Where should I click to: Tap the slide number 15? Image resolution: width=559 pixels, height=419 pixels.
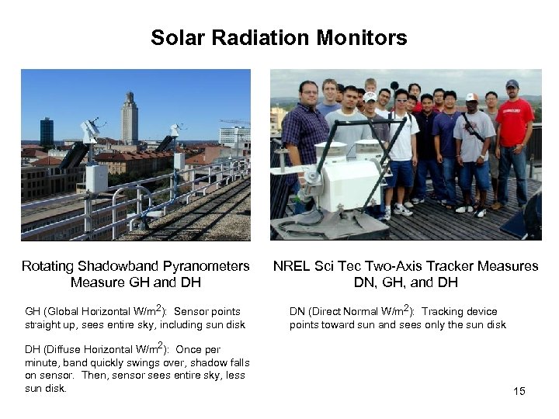click(519, 391)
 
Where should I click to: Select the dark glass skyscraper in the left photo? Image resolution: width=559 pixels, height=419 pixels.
click(47, 132)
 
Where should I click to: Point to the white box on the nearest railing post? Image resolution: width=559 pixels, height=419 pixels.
click(96, 178)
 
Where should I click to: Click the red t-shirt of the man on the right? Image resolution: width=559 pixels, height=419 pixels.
click(515, 123)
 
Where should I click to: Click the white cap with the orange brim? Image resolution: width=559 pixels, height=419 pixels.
click(471, 98)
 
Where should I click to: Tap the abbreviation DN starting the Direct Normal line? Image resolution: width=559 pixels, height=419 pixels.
click(297, 312)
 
